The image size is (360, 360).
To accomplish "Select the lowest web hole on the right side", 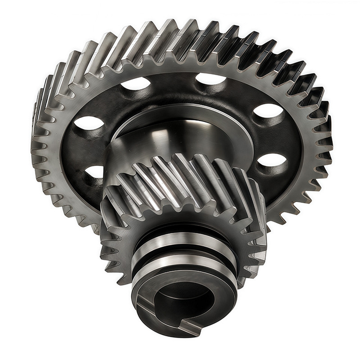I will (x=272, y=160).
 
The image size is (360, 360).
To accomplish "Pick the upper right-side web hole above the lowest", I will (x=268, y=110).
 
